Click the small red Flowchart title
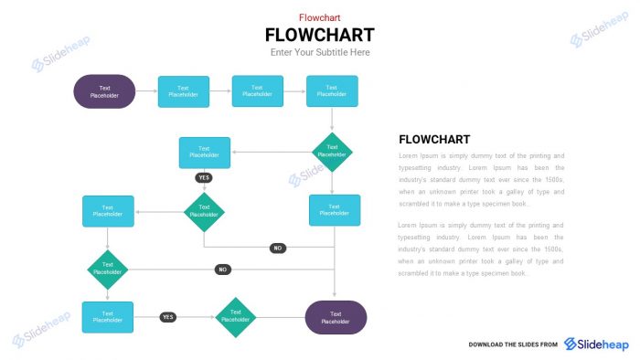319,17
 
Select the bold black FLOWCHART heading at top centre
319,35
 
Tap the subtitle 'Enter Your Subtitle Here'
319,52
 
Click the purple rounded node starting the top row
104,91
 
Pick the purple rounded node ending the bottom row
336,317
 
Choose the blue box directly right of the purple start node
183,91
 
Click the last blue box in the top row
332,91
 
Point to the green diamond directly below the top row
332,152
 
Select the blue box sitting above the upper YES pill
204,153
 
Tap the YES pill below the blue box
204,177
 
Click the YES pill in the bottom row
167,317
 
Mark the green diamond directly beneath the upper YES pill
204,212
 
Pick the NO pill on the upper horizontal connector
278,248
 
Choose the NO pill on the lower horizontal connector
222,270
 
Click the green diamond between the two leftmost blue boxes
108,270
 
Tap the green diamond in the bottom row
236,317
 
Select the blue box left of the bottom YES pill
108,317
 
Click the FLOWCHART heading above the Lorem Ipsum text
434,140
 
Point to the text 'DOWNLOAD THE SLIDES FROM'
513,344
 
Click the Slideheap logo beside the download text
596,344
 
